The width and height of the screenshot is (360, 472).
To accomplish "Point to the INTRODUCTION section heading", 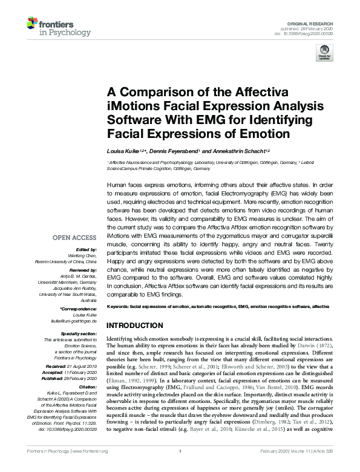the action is point(136,324).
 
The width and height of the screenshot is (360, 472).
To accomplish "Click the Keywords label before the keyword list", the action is point(118,307).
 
